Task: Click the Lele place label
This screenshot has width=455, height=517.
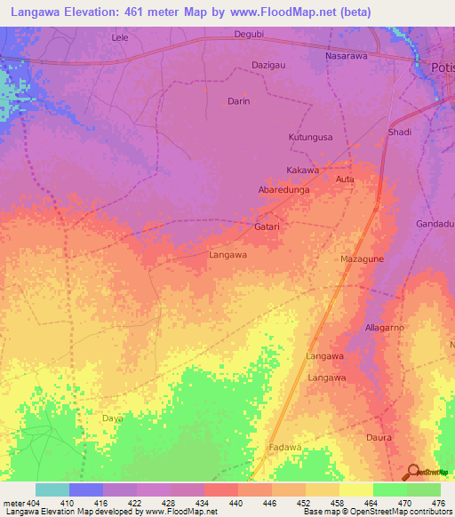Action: (x=120, y=37)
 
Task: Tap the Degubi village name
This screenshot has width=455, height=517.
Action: (x=249, y=34)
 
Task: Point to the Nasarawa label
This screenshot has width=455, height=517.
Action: (x=347, y=55)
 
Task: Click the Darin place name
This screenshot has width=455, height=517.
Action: (x=239, y=101)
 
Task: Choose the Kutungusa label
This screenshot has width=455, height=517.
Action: (x=311, y=138)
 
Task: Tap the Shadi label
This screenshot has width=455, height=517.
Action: (x=400, y=132)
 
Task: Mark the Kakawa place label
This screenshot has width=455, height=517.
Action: (x=302, y=170)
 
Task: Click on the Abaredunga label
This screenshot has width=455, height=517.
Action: (x=283, y=190)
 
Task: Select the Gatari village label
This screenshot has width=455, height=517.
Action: (x=267, y=227)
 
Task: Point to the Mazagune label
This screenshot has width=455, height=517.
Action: (x=362, y=258)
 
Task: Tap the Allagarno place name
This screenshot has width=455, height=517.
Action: (x=385, y=328)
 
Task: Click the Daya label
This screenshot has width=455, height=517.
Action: (x=112, y=418)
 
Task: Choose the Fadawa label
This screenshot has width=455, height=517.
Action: (x=286, y=447)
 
